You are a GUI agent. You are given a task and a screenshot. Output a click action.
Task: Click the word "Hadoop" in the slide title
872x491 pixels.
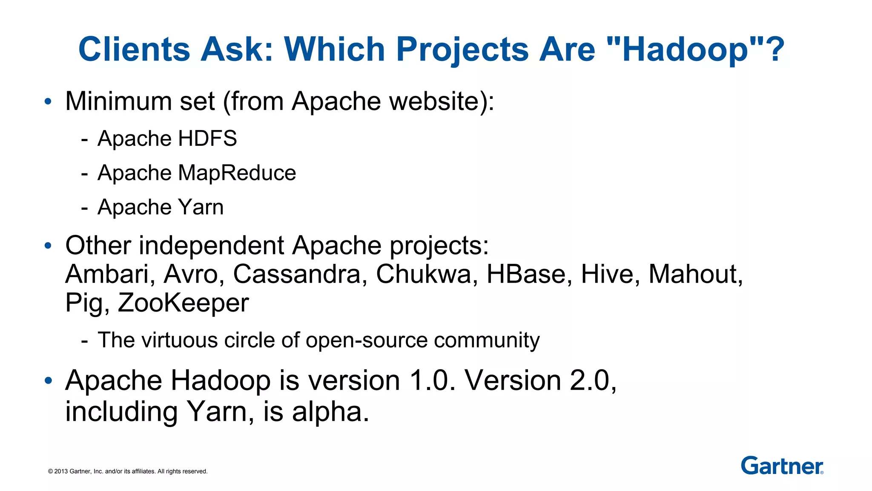click(x=685, y=50)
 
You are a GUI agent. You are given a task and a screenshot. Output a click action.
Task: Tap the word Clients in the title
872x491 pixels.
click(x=134, y=49)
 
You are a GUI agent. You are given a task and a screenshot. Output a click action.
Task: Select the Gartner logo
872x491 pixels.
click(x=782, y=465)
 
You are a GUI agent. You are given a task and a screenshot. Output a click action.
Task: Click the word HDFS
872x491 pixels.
click(x=207, y=139)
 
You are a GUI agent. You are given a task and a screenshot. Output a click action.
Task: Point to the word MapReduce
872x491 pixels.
click(x=237, y=173)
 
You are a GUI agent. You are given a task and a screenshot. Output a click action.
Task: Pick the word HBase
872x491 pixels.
click(x=529, y=274)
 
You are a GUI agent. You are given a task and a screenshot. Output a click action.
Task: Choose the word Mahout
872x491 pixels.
click(x=695, y=274)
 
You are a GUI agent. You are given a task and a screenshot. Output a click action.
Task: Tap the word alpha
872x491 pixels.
click(x=330, y=412)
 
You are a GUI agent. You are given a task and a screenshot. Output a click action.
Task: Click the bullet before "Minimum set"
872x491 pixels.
click(x=48, y=101)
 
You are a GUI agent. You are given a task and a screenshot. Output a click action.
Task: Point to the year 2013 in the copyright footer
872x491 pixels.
click(x=61, y=471)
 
